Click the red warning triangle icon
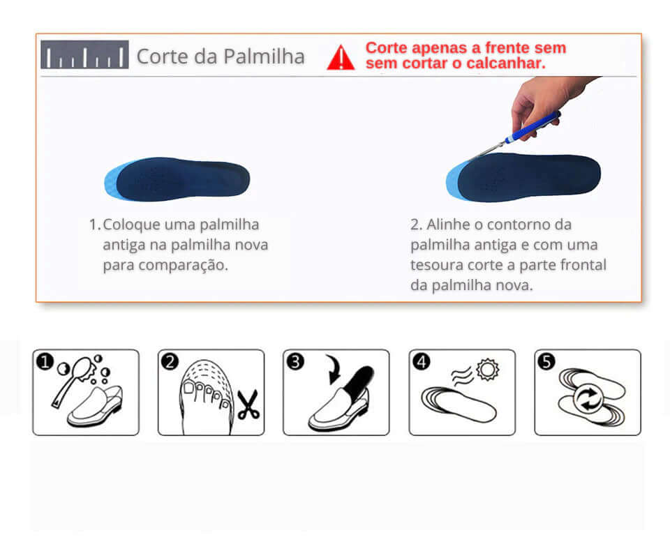pos(341,58)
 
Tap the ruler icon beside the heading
pos(84,54)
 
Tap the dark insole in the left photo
pos(181,179)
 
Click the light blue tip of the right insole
pos(454,181)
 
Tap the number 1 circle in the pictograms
pos(43,361)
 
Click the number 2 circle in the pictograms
pos(169,361)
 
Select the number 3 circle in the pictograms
pos(295,361)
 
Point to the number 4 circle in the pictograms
pos(421,361)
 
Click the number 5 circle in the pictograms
pos(546,361)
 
